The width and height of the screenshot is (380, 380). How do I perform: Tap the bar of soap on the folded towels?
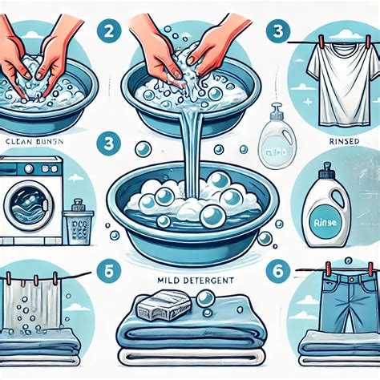[164, 307]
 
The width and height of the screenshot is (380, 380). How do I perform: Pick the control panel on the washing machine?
[32, 168]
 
